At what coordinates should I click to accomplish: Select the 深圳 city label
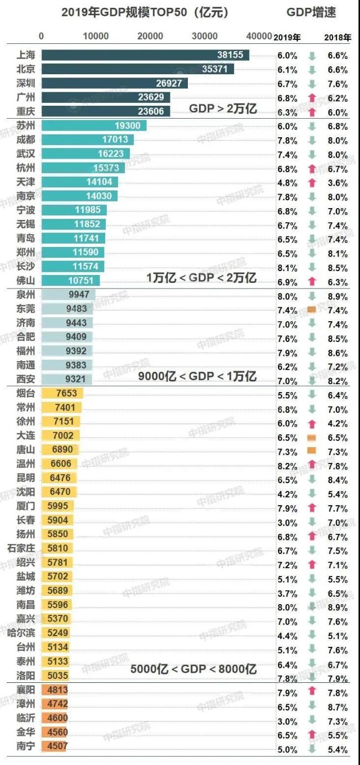point(26,83)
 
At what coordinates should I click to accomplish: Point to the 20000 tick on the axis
point(150,37)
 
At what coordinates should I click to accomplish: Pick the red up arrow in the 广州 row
point(312,97)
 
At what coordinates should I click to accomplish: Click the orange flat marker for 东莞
point(312,309)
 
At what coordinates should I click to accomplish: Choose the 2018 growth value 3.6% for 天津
point(337,182)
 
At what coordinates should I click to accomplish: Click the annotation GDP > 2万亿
point(223,109)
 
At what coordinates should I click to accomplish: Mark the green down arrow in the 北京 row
point(312,69)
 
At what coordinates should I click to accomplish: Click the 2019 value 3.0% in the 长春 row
point(286,521)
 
